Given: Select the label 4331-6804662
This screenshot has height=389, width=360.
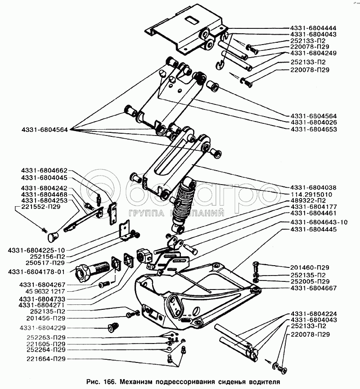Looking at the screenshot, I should click(44, 171).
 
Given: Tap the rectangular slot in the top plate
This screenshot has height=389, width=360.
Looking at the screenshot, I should click(192, 20).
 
